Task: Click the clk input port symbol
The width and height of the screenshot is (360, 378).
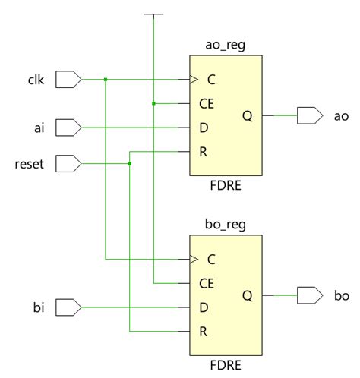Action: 68,78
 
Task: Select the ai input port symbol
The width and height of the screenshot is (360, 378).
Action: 68,127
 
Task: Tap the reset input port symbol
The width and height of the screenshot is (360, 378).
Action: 68,163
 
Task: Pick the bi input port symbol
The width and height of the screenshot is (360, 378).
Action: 68,307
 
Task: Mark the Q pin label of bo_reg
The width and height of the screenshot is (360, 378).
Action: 248,296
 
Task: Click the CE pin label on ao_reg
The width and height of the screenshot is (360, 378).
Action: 206,103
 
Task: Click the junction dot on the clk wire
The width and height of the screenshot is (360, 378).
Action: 106,79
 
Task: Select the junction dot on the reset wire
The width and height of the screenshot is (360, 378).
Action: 130,163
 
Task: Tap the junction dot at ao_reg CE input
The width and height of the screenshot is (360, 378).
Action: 154,103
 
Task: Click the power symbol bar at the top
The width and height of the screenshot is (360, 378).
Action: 154,14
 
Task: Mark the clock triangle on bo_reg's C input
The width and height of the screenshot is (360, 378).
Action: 193,260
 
